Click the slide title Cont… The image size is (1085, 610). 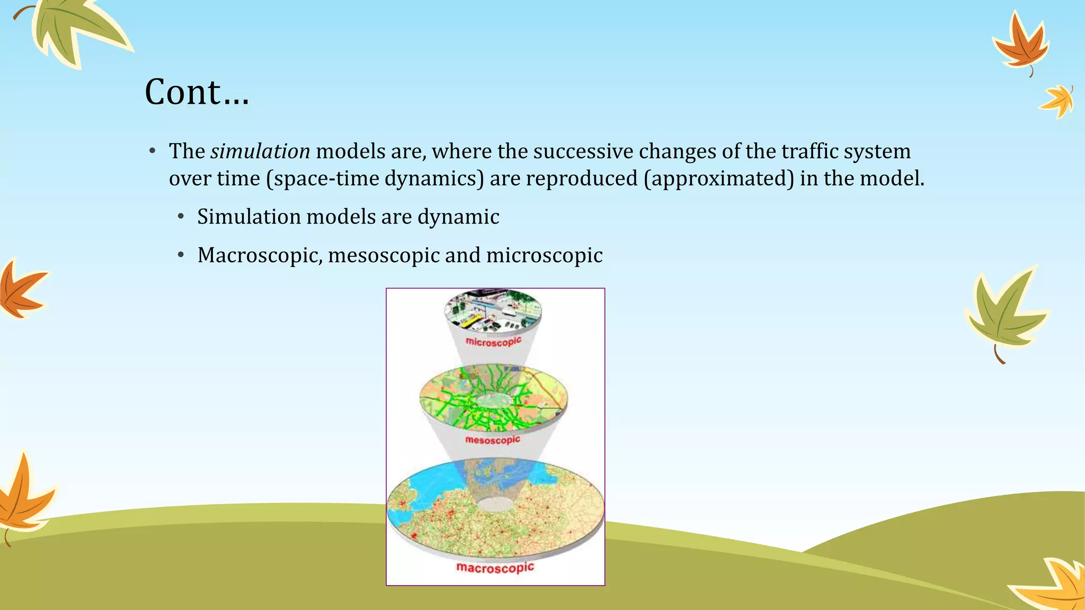click(197, 92)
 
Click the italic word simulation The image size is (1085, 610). click(260, 151)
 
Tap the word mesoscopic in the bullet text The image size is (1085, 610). click(384, 255)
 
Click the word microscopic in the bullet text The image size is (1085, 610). click(544, 255)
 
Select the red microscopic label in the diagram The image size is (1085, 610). click(493, 342)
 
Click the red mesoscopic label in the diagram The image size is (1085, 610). click(493, 440)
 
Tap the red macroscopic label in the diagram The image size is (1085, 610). click(495, 568)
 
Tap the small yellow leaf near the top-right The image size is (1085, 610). click(1058, 101)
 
